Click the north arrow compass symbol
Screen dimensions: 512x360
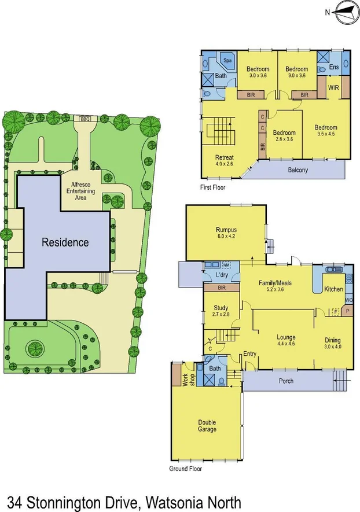341,12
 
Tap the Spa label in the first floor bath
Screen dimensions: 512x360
227,60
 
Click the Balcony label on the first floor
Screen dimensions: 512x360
297,170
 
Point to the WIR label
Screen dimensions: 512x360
333,88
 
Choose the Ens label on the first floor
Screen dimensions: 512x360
334,68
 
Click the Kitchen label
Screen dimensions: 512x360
333,289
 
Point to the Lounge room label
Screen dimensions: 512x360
286,337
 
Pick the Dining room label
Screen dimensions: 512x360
332,340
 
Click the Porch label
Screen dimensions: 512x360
286,381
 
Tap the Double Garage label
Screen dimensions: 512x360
207,426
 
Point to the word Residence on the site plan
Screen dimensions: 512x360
65,242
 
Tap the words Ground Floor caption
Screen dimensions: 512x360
185,469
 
